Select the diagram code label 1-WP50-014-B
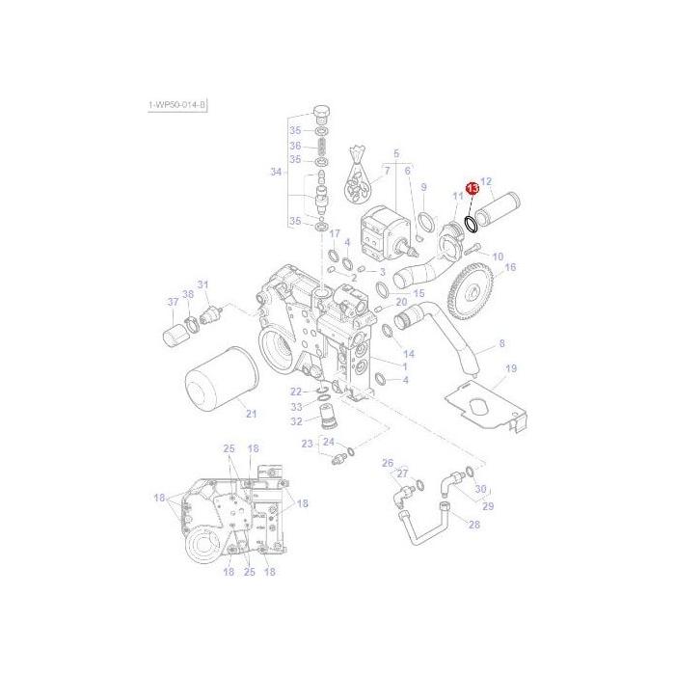pos(177,103)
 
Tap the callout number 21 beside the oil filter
pos(252,415)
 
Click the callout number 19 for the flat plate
pos(512,368)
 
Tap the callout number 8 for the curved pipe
pos(500,343)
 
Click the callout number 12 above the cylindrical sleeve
pos(487,181)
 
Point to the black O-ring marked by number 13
pos(471,225)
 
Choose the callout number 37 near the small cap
pos(174,302)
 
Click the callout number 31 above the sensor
pos(202,284)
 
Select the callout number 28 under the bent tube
pos(473,524)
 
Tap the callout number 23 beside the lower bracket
pos(307,444)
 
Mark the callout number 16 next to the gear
pos(510,267)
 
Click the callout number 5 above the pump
pos(394,153)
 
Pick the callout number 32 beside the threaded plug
pos(297,421)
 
